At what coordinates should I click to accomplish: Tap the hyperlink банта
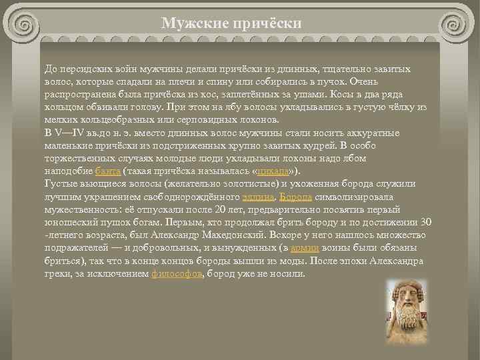(107, 171)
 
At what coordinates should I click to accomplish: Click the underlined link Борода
(294, 197)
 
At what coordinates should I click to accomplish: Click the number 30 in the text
(427, 222)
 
